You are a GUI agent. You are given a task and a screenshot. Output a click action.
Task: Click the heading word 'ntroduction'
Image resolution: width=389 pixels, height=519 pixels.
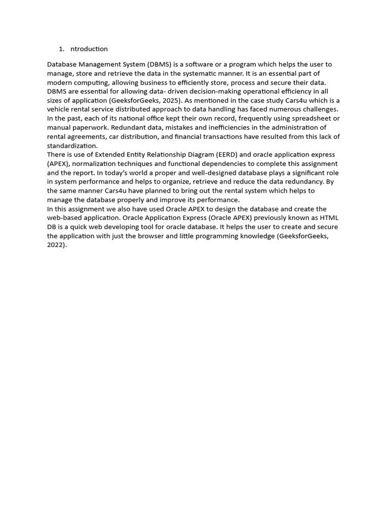click(89, 49)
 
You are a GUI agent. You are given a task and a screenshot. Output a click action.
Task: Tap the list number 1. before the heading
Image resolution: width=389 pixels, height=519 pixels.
click(61, 49)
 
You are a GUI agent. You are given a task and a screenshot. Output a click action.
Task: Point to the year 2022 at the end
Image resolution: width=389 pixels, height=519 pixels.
click(56, 245)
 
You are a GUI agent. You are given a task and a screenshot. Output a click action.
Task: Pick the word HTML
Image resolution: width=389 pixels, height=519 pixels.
click(329, 218)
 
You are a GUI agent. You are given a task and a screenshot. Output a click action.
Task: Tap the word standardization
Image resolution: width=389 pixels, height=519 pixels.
click(71, 145)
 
